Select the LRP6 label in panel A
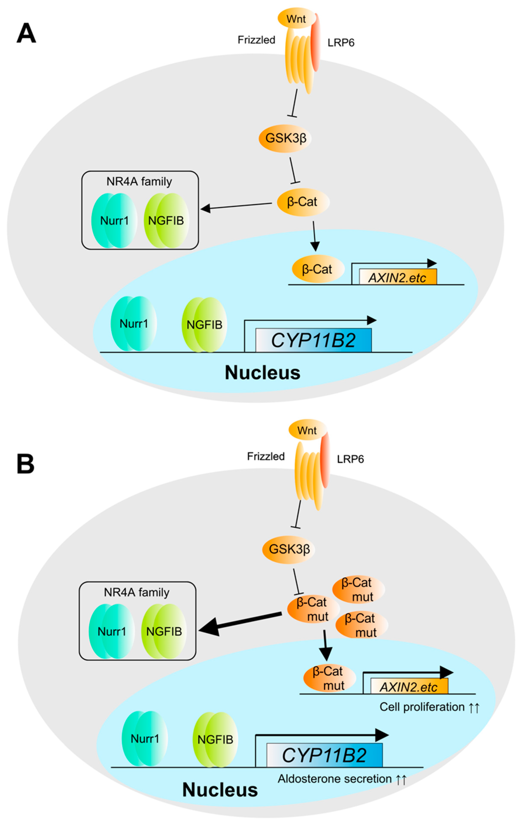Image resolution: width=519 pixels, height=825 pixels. tap(341, 43)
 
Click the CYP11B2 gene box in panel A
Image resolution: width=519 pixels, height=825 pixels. tap(313, 340)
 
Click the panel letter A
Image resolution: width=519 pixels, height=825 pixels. tap(26, 33)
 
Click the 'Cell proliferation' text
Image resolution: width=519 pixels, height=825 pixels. tap(422, 707)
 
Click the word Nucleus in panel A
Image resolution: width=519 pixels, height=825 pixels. tap(263, 373)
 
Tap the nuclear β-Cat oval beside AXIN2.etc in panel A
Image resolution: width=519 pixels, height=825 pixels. tap(318, 269)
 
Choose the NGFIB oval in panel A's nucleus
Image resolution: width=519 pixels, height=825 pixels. tap(204, 324)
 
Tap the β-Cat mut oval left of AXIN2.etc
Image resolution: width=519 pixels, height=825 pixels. tap(329, 678)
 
